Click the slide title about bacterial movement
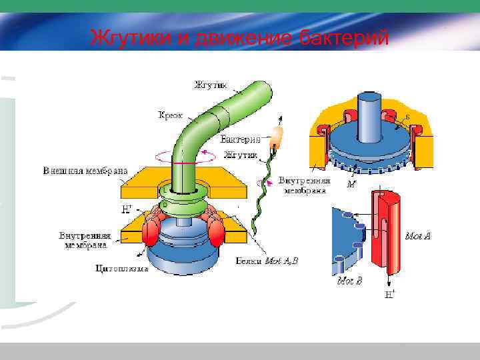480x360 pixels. point(239,37)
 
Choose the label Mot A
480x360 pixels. point(419,235)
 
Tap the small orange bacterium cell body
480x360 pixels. point(275,139)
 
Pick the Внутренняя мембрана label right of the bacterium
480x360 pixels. point(303,185)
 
